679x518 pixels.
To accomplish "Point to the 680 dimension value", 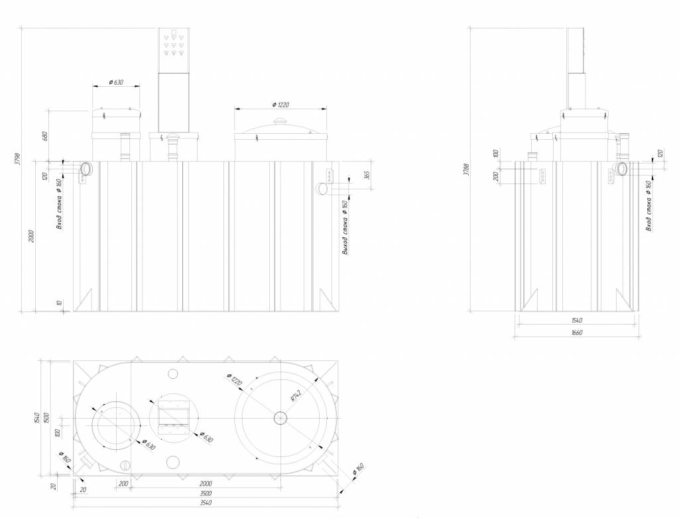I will [45, 136].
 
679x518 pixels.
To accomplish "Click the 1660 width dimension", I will [576, 333].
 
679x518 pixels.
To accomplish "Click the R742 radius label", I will [296, 397].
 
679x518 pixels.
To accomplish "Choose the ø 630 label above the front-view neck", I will [116, 82].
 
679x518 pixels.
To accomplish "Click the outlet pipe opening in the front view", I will [322, 189].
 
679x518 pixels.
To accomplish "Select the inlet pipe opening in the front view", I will [85, 169].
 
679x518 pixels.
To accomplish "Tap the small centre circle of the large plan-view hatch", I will [280, 417].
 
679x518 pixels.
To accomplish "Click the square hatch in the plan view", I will [173, 418].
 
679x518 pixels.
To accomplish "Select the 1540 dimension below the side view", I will [576, 321].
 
